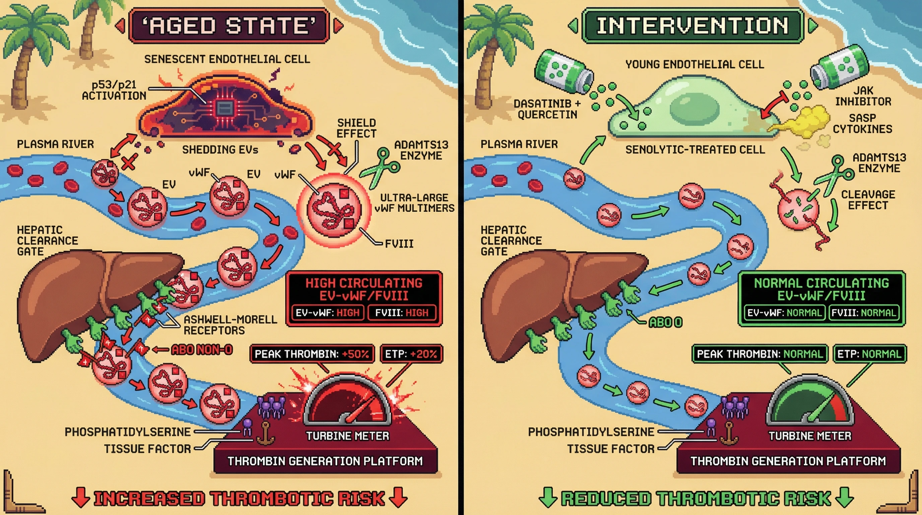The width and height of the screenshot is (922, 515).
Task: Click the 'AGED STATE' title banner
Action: pos(229,26)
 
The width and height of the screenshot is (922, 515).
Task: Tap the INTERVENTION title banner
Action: pos(692,26)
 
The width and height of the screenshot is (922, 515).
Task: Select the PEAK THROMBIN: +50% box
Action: pos(312,354)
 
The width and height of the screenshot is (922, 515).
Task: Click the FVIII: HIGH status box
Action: pos(402,312)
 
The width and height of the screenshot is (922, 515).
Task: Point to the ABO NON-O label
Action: pos(202,350)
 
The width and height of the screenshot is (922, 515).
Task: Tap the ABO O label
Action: pos(666,322)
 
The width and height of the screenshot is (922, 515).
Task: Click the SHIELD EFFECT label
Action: pos(356,128)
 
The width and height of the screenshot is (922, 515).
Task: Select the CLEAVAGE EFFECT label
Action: pos(868,200)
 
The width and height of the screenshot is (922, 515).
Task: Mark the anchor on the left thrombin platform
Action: pos(265,434)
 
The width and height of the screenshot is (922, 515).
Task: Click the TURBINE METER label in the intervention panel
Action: pos(810,436)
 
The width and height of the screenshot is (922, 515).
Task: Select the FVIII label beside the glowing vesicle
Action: pos(399,244)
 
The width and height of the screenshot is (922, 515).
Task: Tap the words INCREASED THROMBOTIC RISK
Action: pos(239,499)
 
